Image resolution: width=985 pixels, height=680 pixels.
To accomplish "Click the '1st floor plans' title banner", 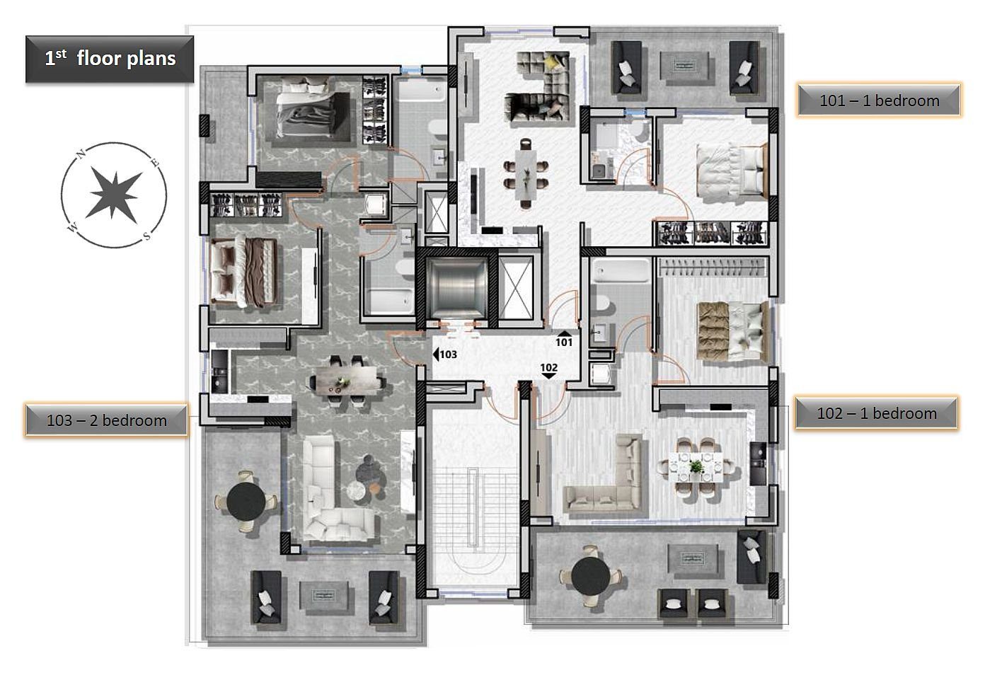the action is coord(110,59).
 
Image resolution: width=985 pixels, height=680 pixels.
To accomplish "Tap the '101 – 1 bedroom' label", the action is coord(879,100).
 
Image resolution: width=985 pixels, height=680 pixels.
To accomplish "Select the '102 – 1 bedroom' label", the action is coord(877,413).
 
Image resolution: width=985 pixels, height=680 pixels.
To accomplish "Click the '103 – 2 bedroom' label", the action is coord(106,420).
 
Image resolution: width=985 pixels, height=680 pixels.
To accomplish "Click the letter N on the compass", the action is coord(81,154).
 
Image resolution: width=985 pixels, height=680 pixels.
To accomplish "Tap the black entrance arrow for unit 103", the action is coord(436,354).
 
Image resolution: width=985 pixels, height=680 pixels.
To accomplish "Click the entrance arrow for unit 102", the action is coord(549,376).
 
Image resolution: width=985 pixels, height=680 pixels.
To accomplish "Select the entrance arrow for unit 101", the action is coord(563,333).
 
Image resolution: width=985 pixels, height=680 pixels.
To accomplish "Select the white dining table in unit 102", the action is coord(696,468).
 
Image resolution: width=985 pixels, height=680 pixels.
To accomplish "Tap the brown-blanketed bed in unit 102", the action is coord(732,330).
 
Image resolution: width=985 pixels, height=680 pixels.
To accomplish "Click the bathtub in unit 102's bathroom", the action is coord(621,271).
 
